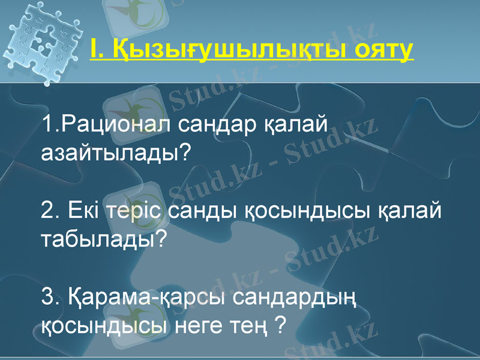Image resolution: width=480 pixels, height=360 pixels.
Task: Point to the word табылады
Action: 103,239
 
